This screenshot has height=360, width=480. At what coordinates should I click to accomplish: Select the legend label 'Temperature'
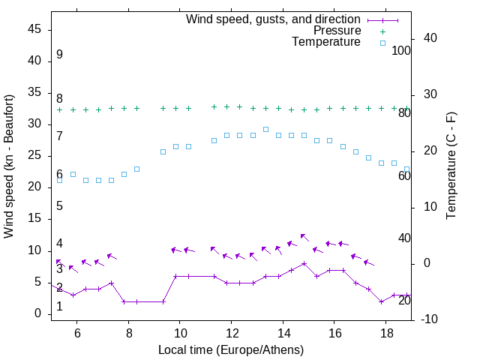pyautogui.click(x=326, y=43)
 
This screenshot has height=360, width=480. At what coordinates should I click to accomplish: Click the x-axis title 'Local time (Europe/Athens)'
pyautogui.click(x=231, y=350)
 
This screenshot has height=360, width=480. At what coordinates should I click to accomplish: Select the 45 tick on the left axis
pyautogui.click(x=34, y=29)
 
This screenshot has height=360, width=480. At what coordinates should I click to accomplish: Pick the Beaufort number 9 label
pyautogui.click(x=59, y=55)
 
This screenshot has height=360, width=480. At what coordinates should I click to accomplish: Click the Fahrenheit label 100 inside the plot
pyautogui.click(x=401, y=50)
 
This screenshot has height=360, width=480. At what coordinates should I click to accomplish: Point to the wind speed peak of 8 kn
pyautogui.click(x=304, y=263)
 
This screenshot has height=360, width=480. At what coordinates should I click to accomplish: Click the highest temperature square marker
pyautogui.click(x=265, y=129)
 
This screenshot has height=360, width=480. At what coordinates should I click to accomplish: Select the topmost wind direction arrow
pyautogui.click(x=304, y=237)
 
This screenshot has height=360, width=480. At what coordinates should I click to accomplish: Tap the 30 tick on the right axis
pyautogui.click(x=424, y=94)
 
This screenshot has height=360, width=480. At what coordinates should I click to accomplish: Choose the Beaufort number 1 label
pyautogui.click(x=59, y=307)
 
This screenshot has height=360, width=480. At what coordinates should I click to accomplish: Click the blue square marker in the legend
pyautogui.click(x=382, y=43)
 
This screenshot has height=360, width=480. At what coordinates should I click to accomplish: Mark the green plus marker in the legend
pyautogui.click(x=382, y=31)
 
